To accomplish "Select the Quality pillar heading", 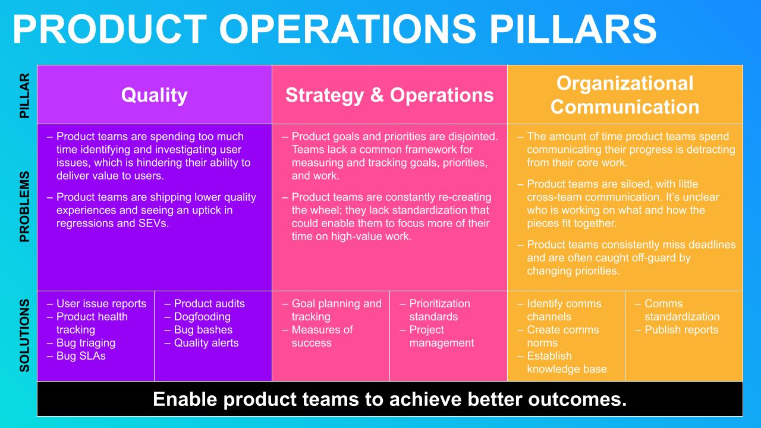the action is click(154, 95).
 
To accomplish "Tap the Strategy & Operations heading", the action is click(389, 95).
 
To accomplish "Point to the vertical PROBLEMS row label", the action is click(24, 206).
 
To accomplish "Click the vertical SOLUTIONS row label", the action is click(24, 336).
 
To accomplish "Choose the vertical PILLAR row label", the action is click(24, 96).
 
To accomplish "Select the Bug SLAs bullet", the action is click(81, 355).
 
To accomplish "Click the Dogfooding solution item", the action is click(202, 317).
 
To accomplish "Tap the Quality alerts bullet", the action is click(206, 343).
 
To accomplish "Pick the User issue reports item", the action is click(101, 303).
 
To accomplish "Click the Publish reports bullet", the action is click(681, 329).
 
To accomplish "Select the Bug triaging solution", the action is click(86, 343).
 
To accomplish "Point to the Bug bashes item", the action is click(203, 329).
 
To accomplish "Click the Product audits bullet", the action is click(209, 303).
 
